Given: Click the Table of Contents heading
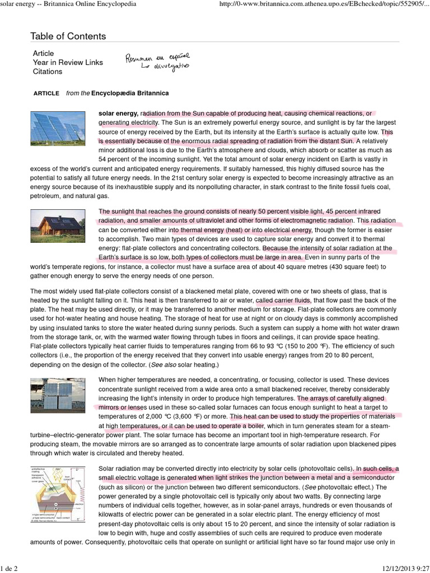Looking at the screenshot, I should coord(68,36).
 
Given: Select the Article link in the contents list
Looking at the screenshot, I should coord(44,53).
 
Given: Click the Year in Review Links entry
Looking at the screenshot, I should coord(68,63).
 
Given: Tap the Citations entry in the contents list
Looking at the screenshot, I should coord(48,72).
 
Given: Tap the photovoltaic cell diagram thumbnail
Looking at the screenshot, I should coord(58,492).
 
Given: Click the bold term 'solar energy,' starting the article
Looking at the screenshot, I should coord(119,112).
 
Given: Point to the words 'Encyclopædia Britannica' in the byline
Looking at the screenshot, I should coord(130,93).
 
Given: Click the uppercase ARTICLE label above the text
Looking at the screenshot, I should coord(46,93).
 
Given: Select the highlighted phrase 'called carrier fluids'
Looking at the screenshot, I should coord(287,300).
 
